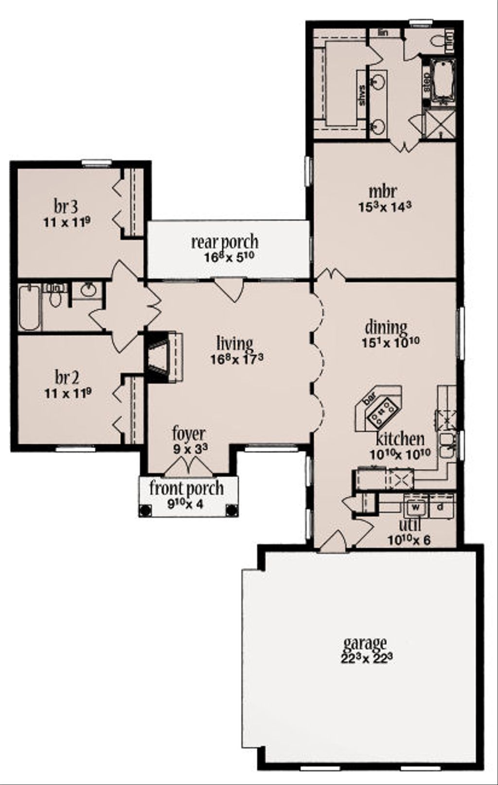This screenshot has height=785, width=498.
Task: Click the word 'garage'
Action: tap(365, 643)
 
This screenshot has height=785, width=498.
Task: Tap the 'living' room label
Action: tap(235, 344)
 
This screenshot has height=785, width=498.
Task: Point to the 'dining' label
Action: tap(386, 327)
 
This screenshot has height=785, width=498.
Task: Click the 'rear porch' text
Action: tap(224, 242)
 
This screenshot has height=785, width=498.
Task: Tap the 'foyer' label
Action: tap(189, 433)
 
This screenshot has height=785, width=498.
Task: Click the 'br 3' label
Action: tap(66, 207)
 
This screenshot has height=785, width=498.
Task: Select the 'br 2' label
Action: tap(67, 377)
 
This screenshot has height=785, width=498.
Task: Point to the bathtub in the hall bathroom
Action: tap(30, 308)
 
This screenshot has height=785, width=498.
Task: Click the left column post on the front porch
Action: tap(144, 510)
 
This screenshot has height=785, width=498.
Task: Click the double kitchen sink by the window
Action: tap(446, 445)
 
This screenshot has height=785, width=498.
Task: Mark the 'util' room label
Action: tap(409, 526)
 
